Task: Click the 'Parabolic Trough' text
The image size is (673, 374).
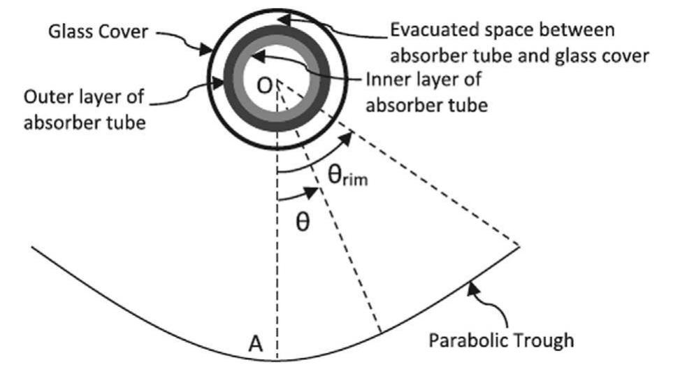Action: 501,341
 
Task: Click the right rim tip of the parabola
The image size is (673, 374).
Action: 520,245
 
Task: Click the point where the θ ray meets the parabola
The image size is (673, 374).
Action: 379,331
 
